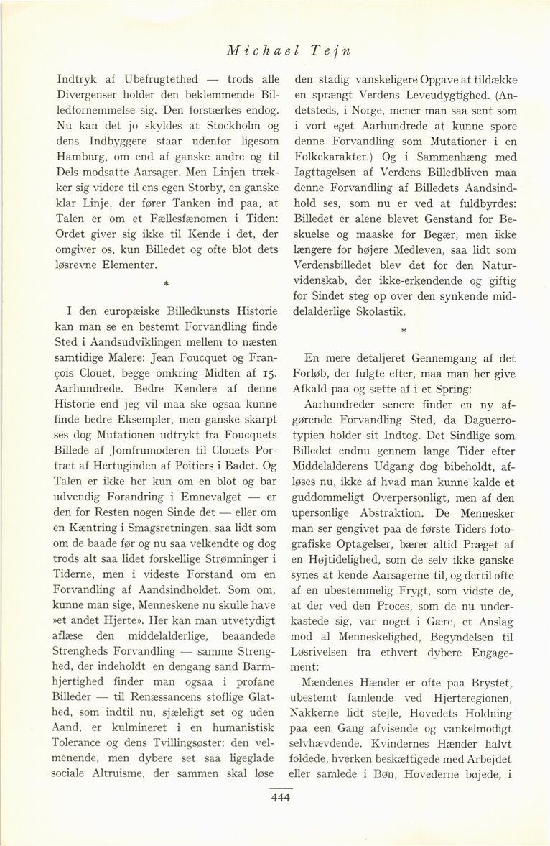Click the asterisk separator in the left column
166,285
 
